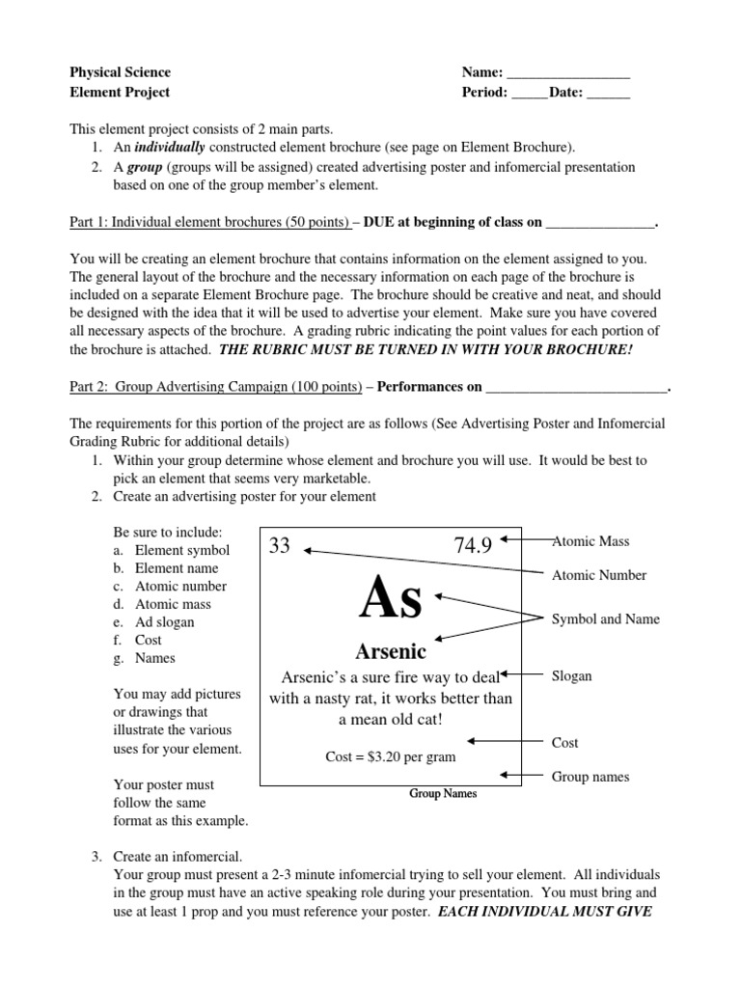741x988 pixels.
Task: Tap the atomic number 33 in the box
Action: pyautogui.click(x=280, y=546)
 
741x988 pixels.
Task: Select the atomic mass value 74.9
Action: pyautogui.click(x=472, y=546)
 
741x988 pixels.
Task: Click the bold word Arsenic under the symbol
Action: pyautogui.click(x=391, y=652)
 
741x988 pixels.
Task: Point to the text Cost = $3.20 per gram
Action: pyautogui.click(x=391, y=756)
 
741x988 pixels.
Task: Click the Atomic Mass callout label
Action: pyautogui.click(x=590, y=542)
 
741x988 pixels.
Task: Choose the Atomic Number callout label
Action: pyautogui.click(x=598, y=575)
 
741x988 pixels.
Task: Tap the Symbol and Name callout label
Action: pyautogui.click(x=605, y=618)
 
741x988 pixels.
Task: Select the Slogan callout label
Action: pyautogui.click(x=572, y=675)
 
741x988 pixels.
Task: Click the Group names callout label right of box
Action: pyautogui.click(x=590, y=777)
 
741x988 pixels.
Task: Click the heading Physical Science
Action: pyautogui.click(x=121, y=72)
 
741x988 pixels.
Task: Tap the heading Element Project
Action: pyautogui.click(x=120, y=93)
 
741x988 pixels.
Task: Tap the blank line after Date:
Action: pyautogui.click(x=608, y=93)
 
